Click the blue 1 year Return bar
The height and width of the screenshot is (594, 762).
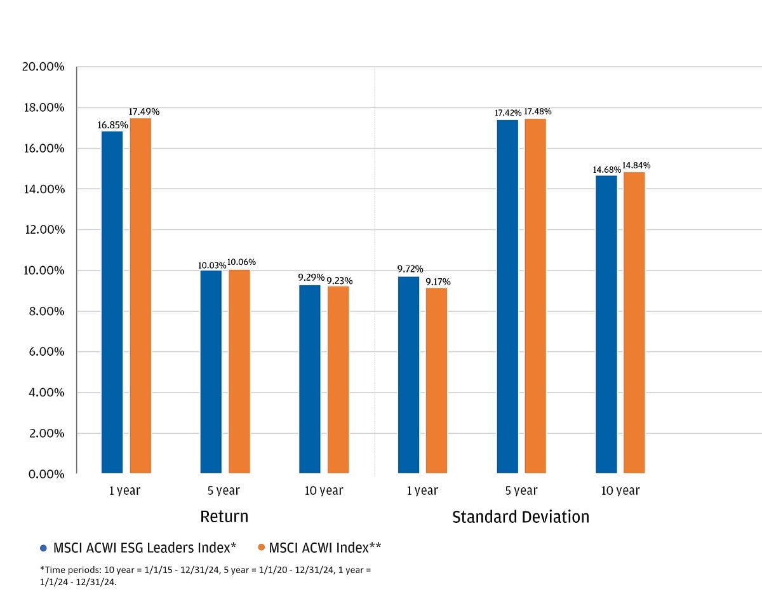click(x=112, y=302)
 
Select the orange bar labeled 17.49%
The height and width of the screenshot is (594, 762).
click(x=140, y=295)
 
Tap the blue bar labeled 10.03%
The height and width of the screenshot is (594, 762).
click(x=211, y=372)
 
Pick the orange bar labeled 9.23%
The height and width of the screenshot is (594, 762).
click(x=338, y=379)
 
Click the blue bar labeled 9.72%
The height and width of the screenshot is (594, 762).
click(x=408, y=375)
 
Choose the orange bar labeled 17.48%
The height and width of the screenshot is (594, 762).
click(x=535, y=295)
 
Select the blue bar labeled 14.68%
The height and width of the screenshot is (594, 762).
click(x=606, y=324)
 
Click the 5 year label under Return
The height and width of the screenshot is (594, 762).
click(x=224, y=490)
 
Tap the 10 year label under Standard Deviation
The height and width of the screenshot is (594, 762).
click(x=620, y=490)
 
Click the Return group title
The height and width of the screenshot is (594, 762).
click(x=224, y=516)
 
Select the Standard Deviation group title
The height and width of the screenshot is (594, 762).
click(x=520, y=517)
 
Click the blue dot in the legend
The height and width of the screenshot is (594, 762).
click(x=43, y=548)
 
